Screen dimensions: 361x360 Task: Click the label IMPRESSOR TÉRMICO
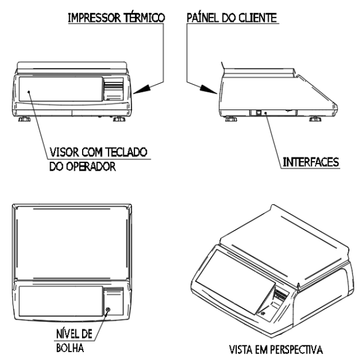point(116,18)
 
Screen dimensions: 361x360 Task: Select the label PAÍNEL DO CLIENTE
point(232,18)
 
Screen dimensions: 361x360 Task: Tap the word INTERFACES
point(311,162)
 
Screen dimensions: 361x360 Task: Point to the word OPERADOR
point(91,166)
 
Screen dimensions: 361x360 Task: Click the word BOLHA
point(70,348)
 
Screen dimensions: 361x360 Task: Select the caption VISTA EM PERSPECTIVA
point(276,349)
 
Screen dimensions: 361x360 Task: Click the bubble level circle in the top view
point(108,309)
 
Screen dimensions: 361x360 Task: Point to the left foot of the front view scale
point(24,119)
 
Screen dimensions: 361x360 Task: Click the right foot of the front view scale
point(119,119)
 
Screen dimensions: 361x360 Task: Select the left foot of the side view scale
point(231,119)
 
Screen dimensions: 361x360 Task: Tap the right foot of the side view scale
point(315,119)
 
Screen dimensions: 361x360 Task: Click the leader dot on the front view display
point(29,92)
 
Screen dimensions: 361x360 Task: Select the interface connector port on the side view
point(259,113)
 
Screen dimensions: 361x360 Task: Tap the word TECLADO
point(126,152)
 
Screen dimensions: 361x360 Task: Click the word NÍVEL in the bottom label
point(65,334)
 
